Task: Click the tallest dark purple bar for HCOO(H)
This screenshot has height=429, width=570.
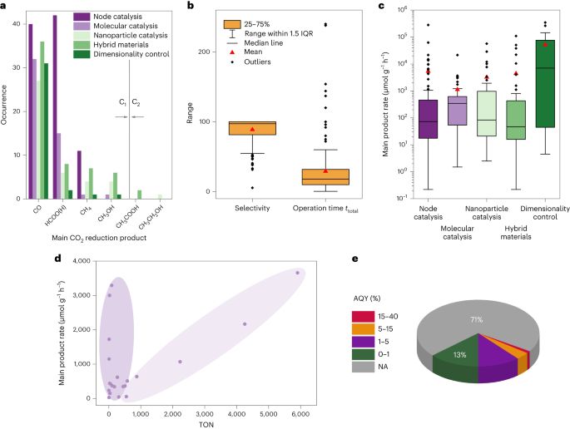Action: tap(55, 107)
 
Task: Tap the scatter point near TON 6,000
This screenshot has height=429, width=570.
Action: tap(298, 273)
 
